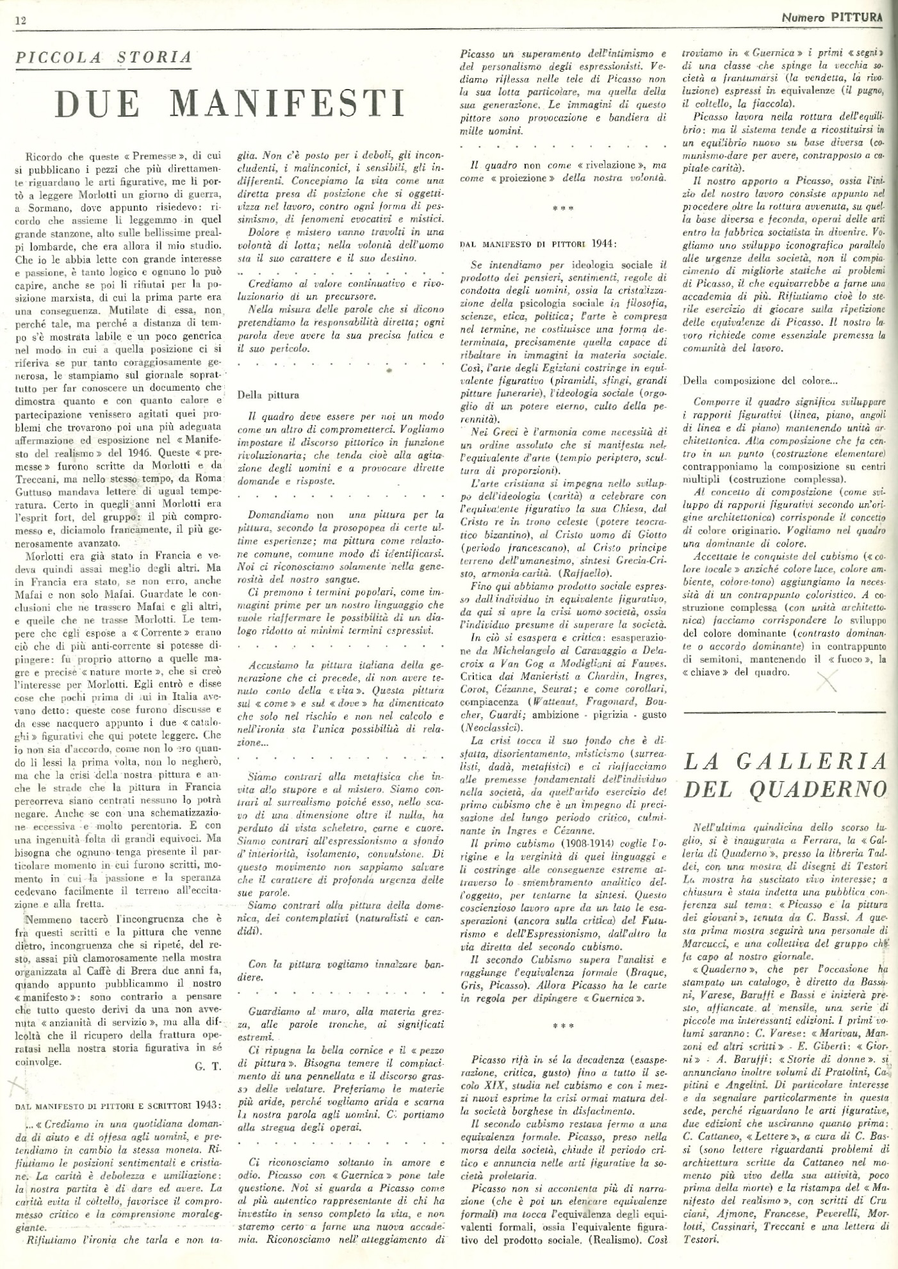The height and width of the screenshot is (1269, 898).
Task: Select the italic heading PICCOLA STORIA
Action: coord(103,57)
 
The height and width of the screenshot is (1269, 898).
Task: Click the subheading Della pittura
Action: coord(268,395)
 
